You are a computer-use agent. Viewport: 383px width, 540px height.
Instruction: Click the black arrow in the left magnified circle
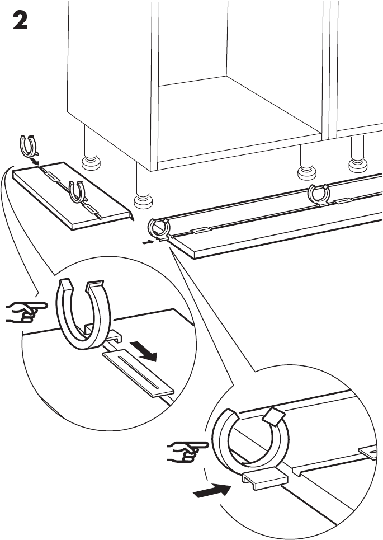click(148, 351)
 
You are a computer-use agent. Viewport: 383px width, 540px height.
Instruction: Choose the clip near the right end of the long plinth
click(318, 194)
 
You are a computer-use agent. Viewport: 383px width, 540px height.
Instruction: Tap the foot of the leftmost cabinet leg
click(91, 164)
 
